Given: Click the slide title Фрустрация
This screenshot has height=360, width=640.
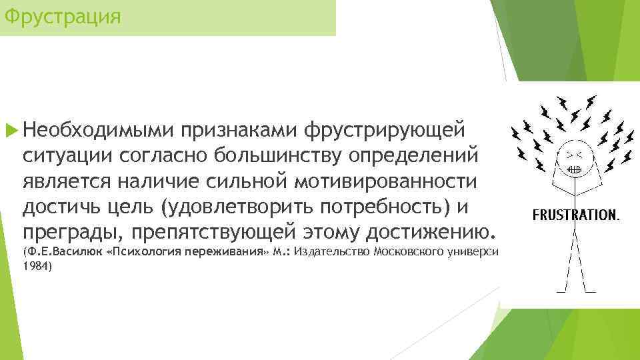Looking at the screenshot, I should coord(62,15).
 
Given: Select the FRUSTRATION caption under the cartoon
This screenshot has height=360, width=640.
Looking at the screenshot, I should coord(576,215).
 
